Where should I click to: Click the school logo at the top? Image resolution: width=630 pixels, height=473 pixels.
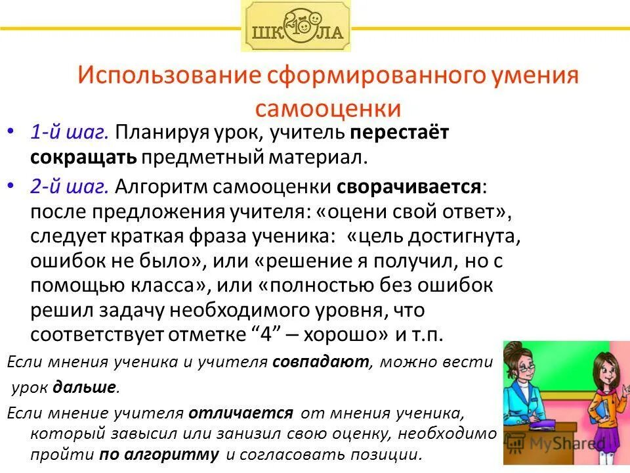(x=296, y=26)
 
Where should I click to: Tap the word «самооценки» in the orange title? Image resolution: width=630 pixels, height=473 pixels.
(x=327, y=108)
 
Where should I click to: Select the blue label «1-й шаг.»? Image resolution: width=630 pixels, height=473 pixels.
(x=69, y=133)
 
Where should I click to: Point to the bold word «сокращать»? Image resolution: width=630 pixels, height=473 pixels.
(x=83, y=157)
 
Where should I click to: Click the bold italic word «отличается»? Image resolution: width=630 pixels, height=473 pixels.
(x=241, y=413)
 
